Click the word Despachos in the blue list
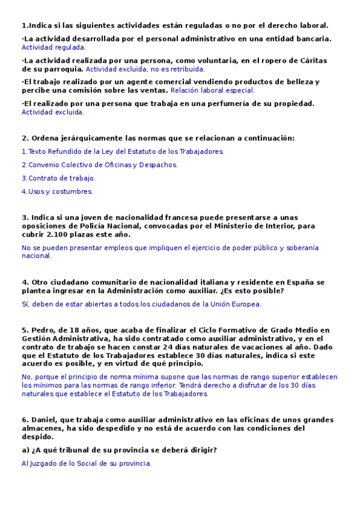coord(157,165)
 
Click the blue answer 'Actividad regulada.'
coord(53,47)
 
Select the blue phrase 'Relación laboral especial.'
coord(212,90)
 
